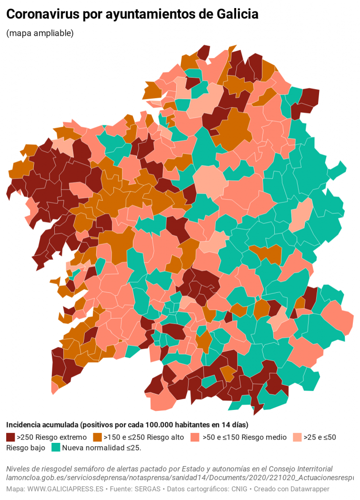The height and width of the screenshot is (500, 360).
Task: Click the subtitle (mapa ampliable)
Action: [40, 33]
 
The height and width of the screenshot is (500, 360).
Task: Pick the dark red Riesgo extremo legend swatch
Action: [10, 437]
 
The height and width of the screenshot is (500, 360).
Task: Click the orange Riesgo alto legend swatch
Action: [98, 437]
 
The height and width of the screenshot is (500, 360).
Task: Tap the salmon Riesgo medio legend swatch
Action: [195, 437]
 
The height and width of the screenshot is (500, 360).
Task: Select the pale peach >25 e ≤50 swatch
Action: [297, 437]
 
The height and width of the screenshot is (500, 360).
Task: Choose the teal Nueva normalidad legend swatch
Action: [56, 448]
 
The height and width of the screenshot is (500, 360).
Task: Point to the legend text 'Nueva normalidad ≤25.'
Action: [102, 448]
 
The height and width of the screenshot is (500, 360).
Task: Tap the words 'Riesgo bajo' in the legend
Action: [26, 448]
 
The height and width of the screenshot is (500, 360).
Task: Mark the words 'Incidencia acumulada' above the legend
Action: [42, 425]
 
